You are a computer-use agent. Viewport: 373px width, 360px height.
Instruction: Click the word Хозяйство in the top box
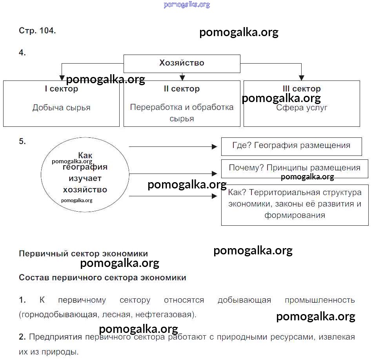tap(182, 63)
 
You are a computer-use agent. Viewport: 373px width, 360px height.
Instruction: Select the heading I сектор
tap(61, 89)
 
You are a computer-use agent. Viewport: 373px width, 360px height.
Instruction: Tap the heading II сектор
tap(182, 89)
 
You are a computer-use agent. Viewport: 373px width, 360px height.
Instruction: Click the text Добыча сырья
tap(61, 108)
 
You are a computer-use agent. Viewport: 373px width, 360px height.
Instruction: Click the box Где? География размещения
tap(291, 146)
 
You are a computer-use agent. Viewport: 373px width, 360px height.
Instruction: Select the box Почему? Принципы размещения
tap(294, 168)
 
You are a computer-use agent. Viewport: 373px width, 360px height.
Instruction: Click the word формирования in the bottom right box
tap(295, 215)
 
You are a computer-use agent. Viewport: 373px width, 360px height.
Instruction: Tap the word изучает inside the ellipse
tap(85, 178)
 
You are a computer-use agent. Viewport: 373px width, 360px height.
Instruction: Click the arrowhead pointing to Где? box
tap(215, 146)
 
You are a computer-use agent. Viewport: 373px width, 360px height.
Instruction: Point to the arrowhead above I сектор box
tap(61, 78)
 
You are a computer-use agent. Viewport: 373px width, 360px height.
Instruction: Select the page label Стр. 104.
tap(37, 31)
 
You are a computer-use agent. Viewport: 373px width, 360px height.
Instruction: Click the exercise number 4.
tap(22, 53)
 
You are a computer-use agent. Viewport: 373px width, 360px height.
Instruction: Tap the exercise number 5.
tap(22, 142)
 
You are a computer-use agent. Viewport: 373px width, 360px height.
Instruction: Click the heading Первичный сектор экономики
tap(83, 254)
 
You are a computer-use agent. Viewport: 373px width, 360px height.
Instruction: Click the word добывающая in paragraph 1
tap(244, 300)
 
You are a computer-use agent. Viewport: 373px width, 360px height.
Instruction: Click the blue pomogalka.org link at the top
tap(187, 5)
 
